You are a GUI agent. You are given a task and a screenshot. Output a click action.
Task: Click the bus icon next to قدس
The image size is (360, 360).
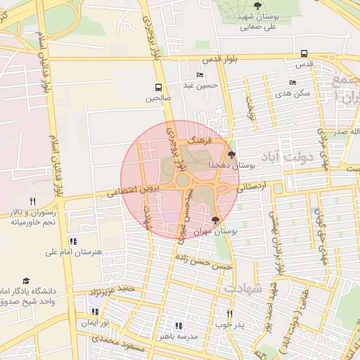click(x=304, y=53)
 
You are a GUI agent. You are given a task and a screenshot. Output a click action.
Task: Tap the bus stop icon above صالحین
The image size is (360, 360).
click(x=158, y=88)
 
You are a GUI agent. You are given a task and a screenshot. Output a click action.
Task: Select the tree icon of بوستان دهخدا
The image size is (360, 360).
click(x=231, y=154)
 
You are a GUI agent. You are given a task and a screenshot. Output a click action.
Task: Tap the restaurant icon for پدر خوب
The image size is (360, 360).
click(x=229, y=314)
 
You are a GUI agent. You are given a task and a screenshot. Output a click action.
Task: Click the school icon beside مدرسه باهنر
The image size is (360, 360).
click(x=179, y=326)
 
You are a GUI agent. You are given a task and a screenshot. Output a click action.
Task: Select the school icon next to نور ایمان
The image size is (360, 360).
click(x=95, y=311)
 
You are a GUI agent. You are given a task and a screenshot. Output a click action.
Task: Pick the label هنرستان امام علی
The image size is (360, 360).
click(x=74, y=251)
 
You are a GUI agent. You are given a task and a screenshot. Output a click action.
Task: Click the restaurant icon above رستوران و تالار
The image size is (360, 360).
click(x=32, y=202)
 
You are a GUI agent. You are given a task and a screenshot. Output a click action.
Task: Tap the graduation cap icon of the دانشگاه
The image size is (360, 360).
click(x=27, y=281)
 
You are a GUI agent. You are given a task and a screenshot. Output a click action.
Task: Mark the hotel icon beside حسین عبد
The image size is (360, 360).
click(x=200, y=75)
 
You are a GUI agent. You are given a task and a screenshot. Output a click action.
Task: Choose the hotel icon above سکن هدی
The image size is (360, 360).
click(x=292, y=82)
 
